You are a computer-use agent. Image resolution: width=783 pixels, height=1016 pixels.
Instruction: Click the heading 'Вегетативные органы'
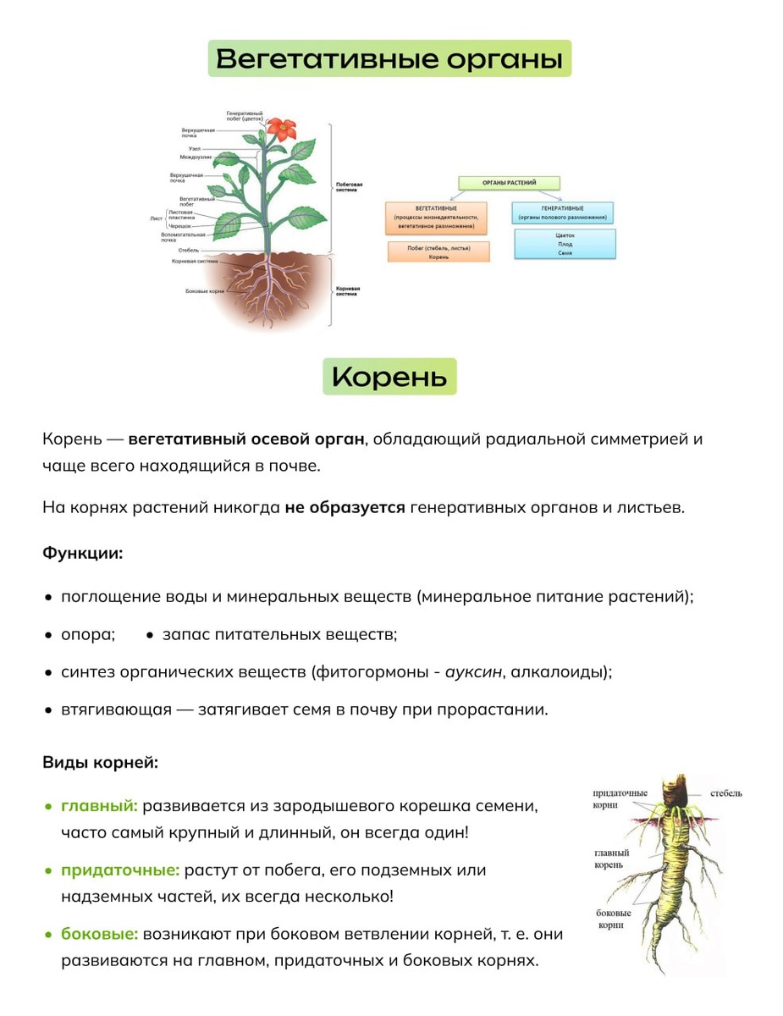point(389,59)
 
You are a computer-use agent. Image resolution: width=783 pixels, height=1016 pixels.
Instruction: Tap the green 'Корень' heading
point(389,377)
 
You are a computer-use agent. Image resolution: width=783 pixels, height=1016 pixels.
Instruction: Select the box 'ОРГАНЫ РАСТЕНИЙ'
point(509,182)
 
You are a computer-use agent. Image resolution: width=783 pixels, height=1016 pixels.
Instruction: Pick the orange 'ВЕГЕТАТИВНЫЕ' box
point(436,218)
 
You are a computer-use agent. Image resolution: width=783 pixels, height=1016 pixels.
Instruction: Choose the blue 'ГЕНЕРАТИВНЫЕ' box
point(562,213)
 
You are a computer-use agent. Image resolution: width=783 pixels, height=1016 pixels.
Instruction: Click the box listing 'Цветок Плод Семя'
point(565,244)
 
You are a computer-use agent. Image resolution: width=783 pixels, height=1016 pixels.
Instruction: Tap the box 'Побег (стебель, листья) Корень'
point(438,251)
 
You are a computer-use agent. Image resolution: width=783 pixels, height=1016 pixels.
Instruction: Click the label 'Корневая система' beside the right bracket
point(348,291)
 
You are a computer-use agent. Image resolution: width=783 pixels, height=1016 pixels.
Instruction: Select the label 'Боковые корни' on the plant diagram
point(204,291)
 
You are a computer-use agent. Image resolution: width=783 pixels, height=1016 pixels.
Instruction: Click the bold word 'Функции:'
point(83,554)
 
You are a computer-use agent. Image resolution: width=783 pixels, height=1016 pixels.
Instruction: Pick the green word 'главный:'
point(99,805)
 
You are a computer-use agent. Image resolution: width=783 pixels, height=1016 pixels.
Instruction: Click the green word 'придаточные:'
point(120,870)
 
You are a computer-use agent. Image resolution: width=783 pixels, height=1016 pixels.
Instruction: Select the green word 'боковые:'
point(99,935)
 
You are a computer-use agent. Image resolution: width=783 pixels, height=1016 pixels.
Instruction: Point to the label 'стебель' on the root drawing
point(725,793)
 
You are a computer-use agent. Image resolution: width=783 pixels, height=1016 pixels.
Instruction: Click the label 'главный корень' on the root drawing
point(611,859)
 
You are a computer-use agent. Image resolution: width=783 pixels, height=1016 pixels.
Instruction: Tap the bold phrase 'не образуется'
point(345,508)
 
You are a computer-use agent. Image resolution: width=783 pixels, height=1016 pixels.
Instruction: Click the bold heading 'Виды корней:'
point(100,762)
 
